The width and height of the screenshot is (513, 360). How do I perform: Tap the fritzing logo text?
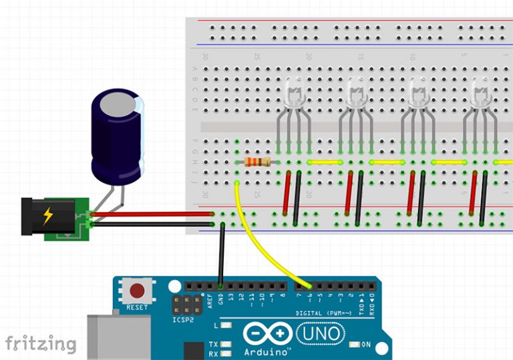[40, 343]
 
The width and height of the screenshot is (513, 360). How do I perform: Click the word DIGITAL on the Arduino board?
[309, 313]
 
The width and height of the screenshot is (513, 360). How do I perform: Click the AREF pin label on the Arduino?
[210, 299]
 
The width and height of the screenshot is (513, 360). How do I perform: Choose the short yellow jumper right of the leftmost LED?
[324, 162]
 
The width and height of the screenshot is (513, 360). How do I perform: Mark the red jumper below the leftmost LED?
[287, 194]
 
